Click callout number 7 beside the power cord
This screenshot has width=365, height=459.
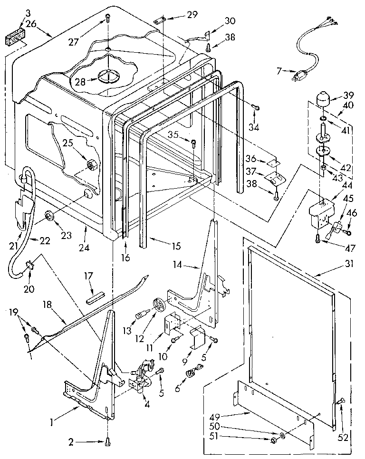[279, 71]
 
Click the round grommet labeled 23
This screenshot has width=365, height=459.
[49, 218]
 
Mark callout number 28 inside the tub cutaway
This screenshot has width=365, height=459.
[80, 82]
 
